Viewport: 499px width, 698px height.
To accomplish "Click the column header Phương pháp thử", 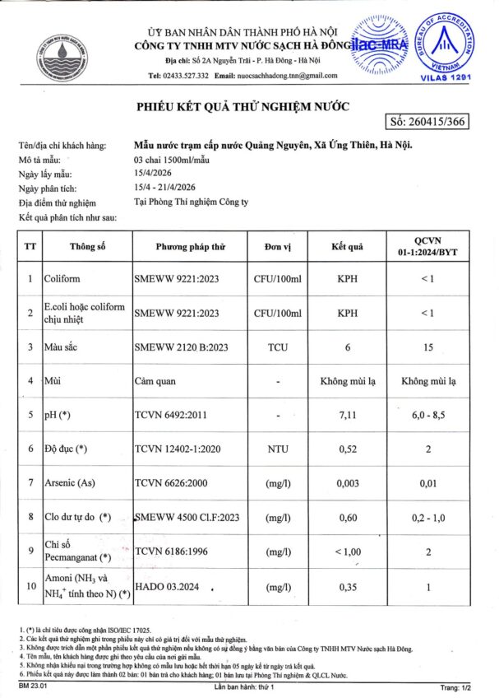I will click(190, 246).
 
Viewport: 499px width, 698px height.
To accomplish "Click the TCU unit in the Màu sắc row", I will click(279, 347).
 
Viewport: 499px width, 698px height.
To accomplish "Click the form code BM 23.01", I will click(30, 686).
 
